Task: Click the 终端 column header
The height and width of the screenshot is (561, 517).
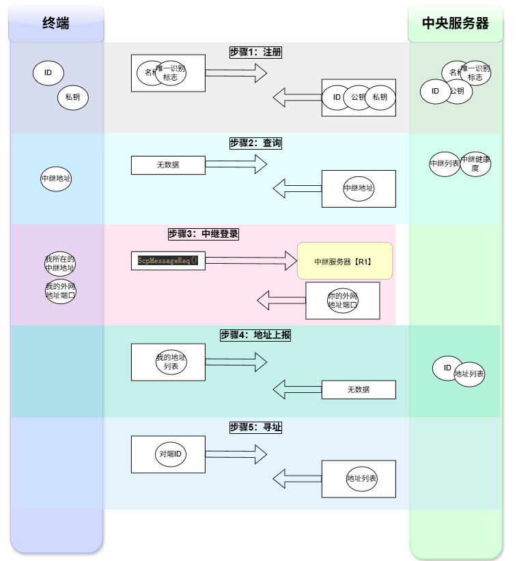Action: [x=56, y=23]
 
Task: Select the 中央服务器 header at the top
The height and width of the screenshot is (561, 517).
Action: [x=456, y=23]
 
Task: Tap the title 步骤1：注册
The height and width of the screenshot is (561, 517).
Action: [x=255, y=52]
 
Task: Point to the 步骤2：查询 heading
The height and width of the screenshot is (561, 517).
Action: [x=255, y=143]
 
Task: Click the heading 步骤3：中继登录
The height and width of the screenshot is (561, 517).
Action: [x=203, y=234]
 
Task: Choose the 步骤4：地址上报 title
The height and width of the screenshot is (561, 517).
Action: [x=255, y=336]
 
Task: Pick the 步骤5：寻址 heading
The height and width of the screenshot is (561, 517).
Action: [x=255, y=427]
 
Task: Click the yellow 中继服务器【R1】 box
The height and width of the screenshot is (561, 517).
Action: [x=345, y=261]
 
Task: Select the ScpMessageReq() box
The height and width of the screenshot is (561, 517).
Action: [x=168, y=260]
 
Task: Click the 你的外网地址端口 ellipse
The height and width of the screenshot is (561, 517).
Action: [x=343, y=301]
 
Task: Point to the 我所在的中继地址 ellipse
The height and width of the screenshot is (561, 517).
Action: [x=60, y=264]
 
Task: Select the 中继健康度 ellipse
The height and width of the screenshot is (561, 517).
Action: [x=475, y=164]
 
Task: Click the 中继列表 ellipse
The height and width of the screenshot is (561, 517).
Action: [x=445, y=164]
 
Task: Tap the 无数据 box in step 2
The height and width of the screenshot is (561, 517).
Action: [x=168, y=165]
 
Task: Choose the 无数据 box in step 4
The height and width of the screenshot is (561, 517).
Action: [x=359, y=389]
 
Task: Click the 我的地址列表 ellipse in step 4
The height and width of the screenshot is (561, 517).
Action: [x=171, y=361]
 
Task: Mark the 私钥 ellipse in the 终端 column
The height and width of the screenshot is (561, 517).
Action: [x=72, y=97]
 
